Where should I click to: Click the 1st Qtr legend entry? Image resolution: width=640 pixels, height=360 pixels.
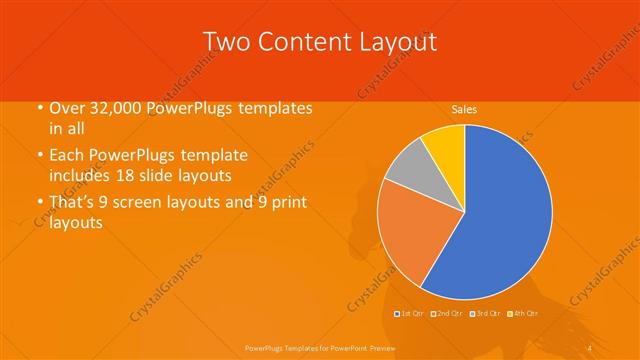(x=411, y=314)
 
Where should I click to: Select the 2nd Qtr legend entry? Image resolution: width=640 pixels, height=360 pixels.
(x=446, y=314)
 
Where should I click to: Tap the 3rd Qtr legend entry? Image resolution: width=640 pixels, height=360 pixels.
(x=485, y=314)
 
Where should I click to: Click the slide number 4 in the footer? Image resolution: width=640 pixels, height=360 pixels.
(x=590, y=346)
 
